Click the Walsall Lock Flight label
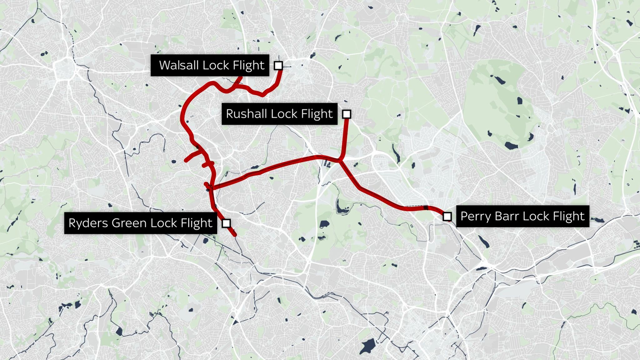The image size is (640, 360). pyautogui.click(x=210, y=65)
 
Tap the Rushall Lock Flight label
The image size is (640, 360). pyautogui.click(x=279, y=114)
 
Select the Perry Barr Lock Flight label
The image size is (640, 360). pyautogui.click(x=522, y=216)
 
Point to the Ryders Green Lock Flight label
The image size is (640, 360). pyautogui.click(x=141, y=223)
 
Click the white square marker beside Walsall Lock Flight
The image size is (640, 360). pyautogui.click(x=278, y=66)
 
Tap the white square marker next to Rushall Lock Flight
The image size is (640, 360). pyautogui.click(x=346, y=114)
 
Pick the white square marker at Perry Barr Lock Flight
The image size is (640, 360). pyautogui.click(x=447, y=216)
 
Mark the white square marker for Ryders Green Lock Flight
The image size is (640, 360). pyautogui.click(x=226, y=223)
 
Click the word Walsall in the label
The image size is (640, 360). pyautogui.click(x=179, y=65)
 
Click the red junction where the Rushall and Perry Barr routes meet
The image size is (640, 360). pyautogui.click(x=340, y=161)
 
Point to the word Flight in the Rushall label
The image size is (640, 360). pyautogui.click(x=317, y=114)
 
